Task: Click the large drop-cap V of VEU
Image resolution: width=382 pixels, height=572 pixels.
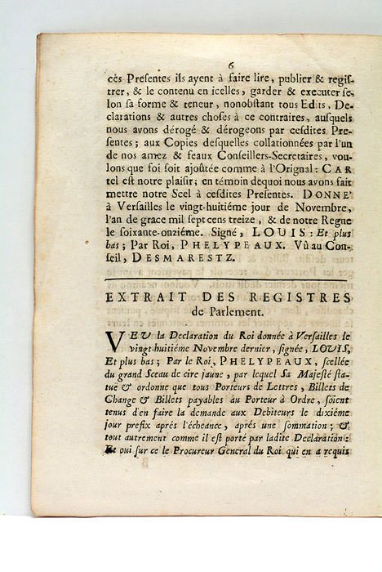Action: pos(114,346)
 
